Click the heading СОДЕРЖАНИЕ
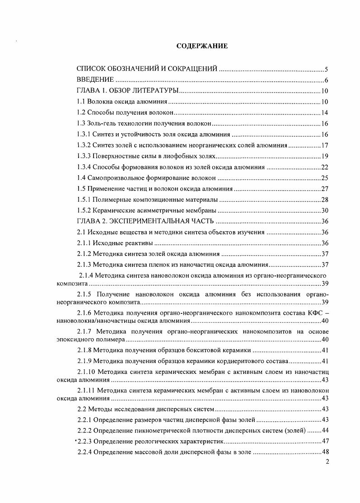pyautogui.click(x=202, y=46)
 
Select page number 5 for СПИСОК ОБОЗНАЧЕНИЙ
pyautogui.click(x=326, y=70)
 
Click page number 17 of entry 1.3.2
pyautogui.click(x=324, y=145)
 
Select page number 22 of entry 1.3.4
pyautogui.click(x=324, y=167)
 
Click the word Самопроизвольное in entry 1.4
pyautogui.click(x=112, y=178)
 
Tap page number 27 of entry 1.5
pyautogui.click(x=324, y=189)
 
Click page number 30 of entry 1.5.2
pyautogui.click(x=324, y=210)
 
